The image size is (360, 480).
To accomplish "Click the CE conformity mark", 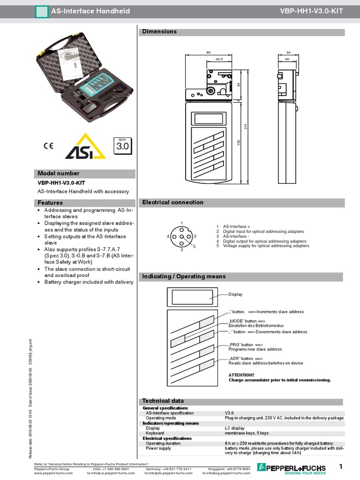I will [x=48, y=145].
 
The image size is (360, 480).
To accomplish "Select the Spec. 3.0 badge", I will [x=122, y=146].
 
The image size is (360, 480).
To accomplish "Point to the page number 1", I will [x=341, y=466].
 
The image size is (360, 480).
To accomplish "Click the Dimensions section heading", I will [x=159, y=32].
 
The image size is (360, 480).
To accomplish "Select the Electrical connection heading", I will [x=172, y=202].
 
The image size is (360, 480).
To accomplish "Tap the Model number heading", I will [x=58, y=173].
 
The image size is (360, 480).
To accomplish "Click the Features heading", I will [x=50, y=203].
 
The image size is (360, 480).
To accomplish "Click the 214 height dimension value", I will [x=245, y=127].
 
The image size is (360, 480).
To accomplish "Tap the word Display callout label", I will [x=235, y=294].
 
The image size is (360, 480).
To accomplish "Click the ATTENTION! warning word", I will [x=241, y=375].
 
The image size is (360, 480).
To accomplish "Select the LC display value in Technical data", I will [x=234, y=428].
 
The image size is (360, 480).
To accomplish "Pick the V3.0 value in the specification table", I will [x=229, y=413].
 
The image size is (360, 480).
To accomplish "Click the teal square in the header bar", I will [x=42, y=11].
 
